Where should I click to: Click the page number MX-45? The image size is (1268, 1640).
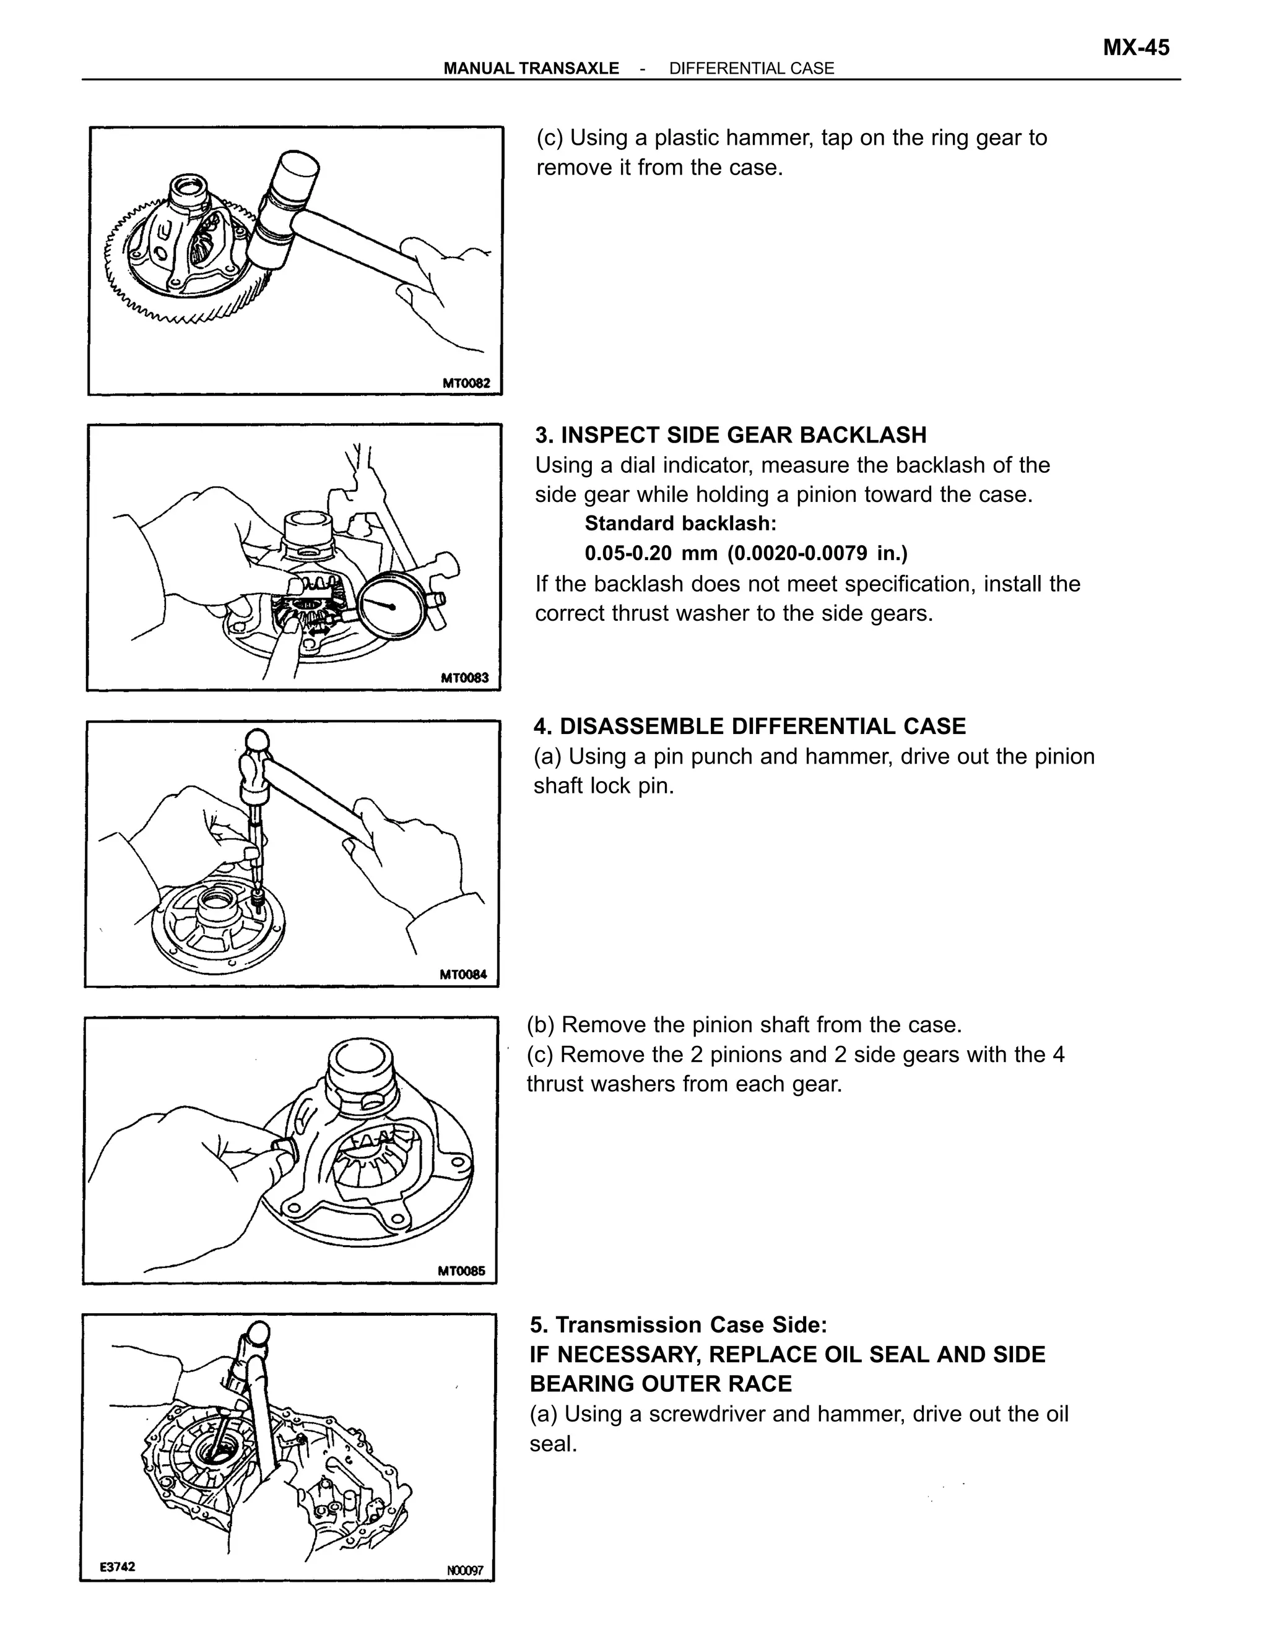[1135, 48]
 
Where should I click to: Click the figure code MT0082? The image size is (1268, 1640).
[466, 384]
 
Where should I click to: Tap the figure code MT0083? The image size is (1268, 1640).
[464, 678]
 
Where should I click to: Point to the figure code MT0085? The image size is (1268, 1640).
[461, 1271]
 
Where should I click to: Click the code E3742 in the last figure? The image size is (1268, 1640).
[118, 1566]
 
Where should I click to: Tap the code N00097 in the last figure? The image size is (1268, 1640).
[465, 1570]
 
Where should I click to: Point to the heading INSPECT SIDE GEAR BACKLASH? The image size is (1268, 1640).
[743, 435]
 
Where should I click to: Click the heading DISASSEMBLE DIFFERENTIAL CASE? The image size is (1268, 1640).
[762, 726]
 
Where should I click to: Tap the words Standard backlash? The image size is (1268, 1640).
[680, 524]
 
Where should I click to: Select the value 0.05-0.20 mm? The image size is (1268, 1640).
[651, 553]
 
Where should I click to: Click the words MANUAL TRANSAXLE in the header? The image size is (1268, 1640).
[531, 68]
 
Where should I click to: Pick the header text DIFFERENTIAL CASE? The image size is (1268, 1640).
[751, 68]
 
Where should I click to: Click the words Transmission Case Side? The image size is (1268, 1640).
[690, 1324]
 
